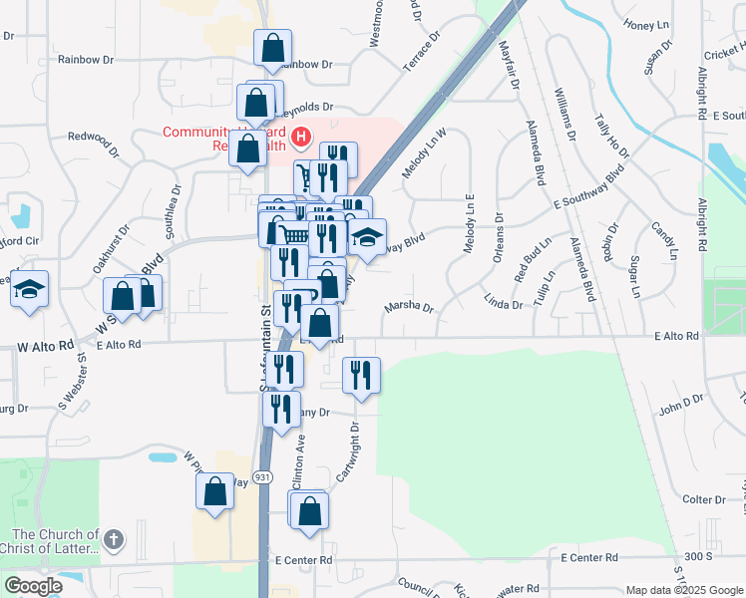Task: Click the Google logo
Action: (33, 585)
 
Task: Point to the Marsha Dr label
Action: (408, 308)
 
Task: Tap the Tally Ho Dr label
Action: (611, 136)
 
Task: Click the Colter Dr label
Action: (704, 499)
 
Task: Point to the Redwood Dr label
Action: (93, 137)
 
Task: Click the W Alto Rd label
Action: (46, 346)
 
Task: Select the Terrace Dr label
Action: (421, 50)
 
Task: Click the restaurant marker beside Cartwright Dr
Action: (361, 375)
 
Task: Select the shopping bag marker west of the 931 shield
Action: (214, 491)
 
